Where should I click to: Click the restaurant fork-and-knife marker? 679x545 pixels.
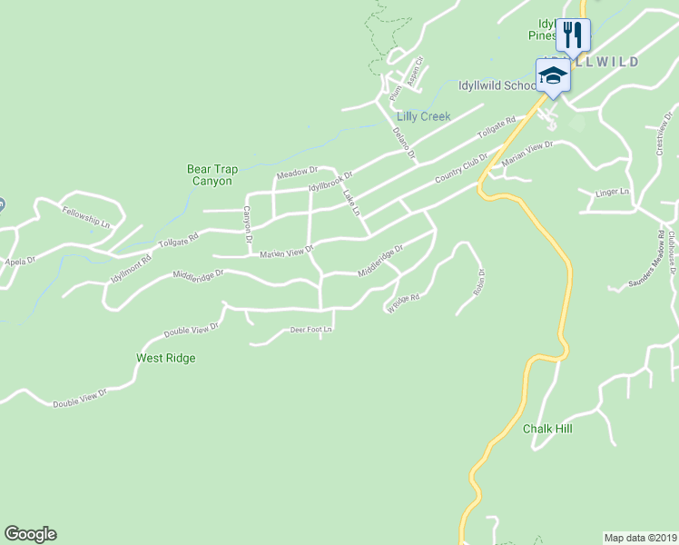572,35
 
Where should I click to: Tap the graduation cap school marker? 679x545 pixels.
552,75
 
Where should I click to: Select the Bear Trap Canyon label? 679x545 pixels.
210,175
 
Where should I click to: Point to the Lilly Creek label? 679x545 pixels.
424,117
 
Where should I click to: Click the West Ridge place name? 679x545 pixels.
166,358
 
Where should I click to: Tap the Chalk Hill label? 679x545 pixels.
547,428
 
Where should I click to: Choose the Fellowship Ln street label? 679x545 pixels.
86,216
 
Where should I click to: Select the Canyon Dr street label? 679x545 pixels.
246,224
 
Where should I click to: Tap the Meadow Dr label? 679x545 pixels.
297,171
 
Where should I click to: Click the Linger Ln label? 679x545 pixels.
612,193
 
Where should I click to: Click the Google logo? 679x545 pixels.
30,534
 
